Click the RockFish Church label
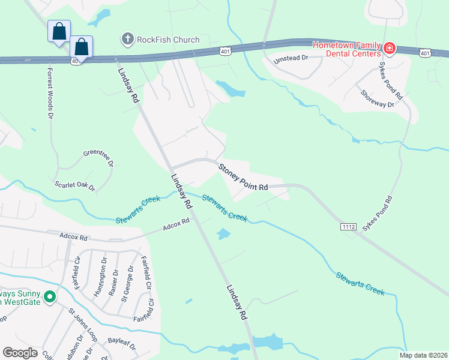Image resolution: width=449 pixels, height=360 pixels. click(168, 40)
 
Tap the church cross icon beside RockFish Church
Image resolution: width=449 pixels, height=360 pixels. click(127, 40)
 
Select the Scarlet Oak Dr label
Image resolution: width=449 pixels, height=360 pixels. click(74, 186)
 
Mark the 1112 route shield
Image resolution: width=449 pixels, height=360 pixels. click(349, 226)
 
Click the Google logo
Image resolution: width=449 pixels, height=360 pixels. click(20, 353)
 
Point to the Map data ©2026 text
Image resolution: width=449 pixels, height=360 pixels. click(423, 355)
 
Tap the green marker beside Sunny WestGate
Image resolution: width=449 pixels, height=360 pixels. click(50, 296)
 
